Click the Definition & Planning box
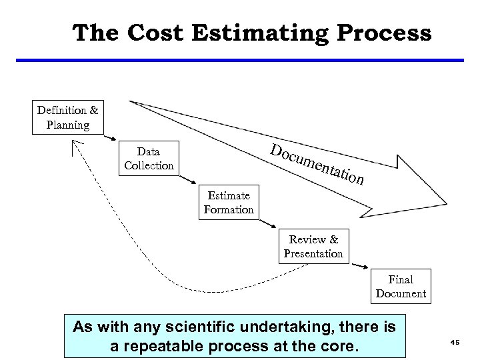(x=67, y=117)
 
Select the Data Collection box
(x=148, y=158)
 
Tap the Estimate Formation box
(x=229, y=202)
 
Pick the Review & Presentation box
(x=313, y=246)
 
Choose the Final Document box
(x=401, y=287)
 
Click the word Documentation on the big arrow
(x=317, y=163)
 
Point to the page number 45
(x=455, y=342)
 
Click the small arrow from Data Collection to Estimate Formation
(x=189, y=179)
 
